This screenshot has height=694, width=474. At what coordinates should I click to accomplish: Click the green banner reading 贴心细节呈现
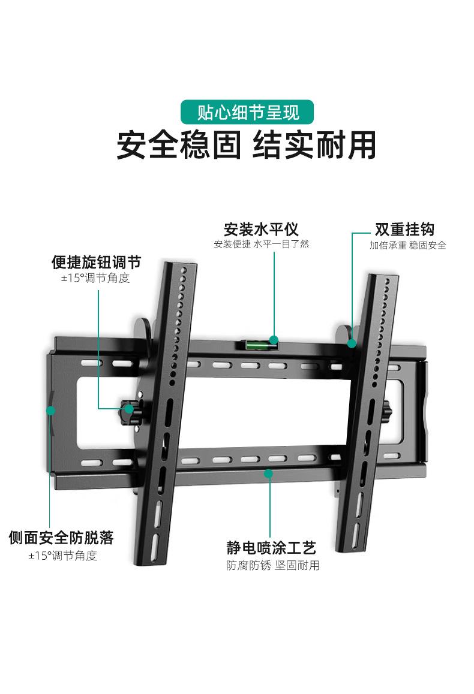pos(248,112)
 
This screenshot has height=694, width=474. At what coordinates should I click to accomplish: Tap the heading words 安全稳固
pos(178,145)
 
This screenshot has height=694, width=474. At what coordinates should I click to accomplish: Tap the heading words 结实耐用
pos(315,145)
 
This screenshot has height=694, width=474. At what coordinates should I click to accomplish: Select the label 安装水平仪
pos(261,230)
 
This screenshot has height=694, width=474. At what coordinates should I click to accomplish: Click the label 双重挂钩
pos(404,230)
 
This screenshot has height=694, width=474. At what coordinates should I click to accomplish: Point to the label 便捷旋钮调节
pos(96,262)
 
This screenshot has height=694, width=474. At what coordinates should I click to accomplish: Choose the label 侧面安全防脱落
pos(61,537)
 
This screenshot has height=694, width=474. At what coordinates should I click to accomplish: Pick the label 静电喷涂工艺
pos(271,547)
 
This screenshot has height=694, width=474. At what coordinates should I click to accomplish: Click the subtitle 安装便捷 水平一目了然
pos(261,245)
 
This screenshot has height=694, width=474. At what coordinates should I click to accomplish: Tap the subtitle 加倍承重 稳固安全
pos(407,245)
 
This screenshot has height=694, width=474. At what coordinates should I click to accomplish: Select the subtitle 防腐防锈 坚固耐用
pos(272,565)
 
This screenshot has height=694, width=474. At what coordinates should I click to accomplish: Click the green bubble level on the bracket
pos(261,343)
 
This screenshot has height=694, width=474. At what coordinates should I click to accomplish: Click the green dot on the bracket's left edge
pos(51,411)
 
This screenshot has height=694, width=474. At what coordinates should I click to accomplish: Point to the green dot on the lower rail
pos(268,473)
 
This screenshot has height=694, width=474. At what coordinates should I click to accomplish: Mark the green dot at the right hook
pos(352,344)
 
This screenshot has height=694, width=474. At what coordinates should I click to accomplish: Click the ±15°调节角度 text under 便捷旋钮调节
pos(95,278)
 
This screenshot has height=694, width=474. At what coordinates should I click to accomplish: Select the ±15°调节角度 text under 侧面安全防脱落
pos(62,556)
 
